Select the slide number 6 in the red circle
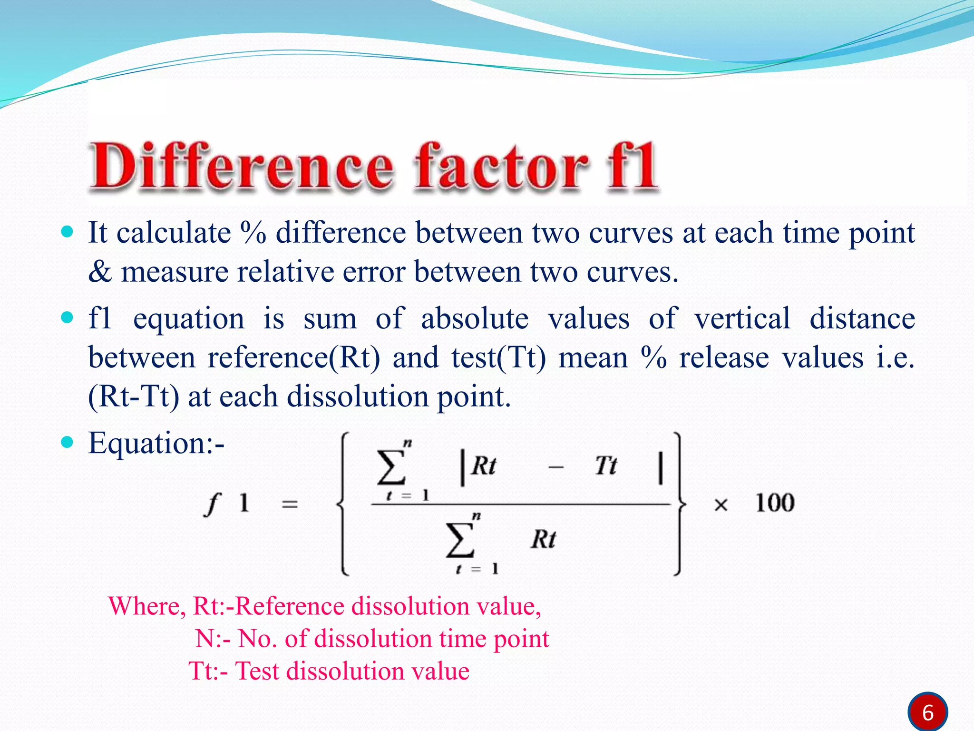click(927, 712)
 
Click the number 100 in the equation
click(775, 503)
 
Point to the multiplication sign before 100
click(721, 505)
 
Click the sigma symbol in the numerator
click(391, 468)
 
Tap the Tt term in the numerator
click(606, 465)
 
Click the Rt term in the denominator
click(543, 540)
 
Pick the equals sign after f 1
click(290, 504)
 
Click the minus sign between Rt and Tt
click(555, 468)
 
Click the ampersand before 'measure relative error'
click(100, 272)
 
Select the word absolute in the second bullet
click(475, 318)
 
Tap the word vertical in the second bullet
click(742, 318)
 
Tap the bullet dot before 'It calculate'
click(68, 232)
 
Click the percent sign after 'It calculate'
click(253, 233)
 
